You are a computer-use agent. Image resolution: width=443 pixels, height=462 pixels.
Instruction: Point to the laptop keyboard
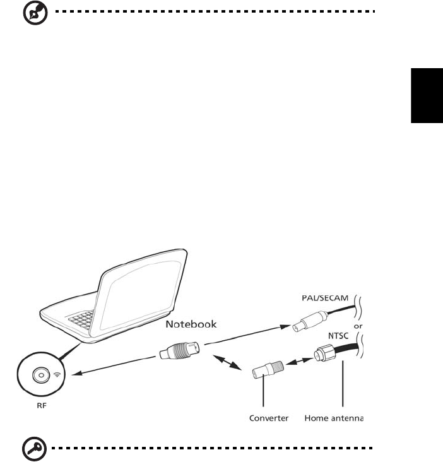[x=83, y=319]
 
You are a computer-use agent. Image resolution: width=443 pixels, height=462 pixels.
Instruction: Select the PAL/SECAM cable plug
[x=305, y=324]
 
